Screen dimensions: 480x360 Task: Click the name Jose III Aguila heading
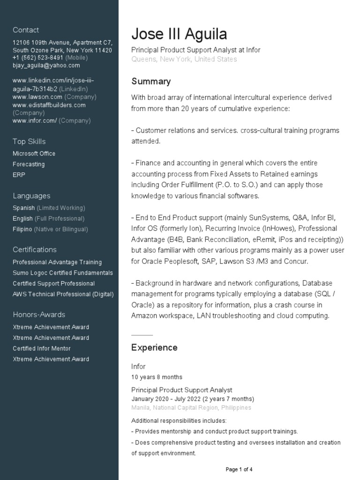click(x=179, y=34)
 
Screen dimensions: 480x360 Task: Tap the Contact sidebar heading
click(x=26, y=30)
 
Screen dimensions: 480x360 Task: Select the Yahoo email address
click(x=46, y=66)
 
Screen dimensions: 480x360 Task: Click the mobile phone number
click(x=38, y=58)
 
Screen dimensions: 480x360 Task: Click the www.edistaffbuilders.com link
click(x=49, y=105)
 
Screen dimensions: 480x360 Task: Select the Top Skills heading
click(x=29, y=142)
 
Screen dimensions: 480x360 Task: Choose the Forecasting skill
click(x=29, y=165)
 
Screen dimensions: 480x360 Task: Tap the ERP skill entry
click(x=19, y=175)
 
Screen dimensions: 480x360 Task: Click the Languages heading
click(x=31, y=196)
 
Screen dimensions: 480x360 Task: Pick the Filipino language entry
click(x=22, y=229)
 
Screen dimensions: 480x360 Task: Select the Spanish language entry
click(x=24, y=208)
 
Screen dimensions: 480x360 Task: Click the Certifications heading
click(x=35, y=250)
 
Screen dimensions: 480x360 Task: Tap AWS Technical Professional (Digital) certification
click(x=63, y=294)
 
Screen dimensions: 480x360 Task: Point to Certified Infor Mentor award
click(x=42, y=349)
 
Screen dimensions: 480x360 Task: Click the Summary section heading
click(x=151, y=82)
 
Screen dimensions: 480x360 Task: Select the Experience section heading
click(x=154, y=348)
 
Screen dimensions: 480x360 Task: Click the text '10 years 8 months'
click(x=157, y=377)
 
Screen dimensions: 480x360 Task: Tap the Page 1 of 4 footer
click(x=239, y=469)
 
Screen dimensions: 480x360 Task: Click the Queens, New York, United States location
click(x=184, y=60)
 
